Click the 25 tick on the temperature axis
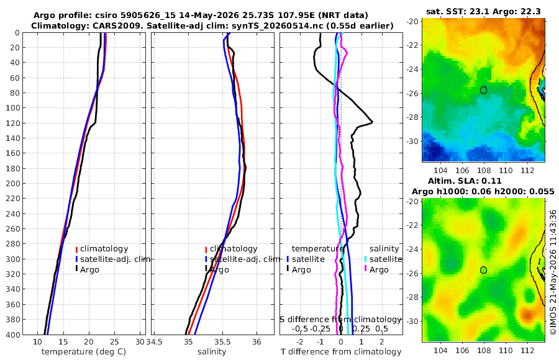pyautogui.click(x=114, y=342)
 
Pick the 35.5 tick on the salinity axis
pyautogui.click(x=222, y=342)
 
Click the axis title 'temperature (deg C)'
pyautogui.click(x=84, y=352)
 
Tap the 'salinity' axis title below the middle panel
pyautogui.click(x=212, y=352)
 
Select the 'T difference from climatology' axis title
pyautogui.click(x=341, y=352)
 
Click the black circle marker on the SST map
pyautogui.click(x=483, y=90)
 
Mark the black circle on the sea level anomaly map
pyautogui.click(x=483, y=270)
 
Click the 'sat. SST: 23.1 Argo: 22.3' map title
pyautogui.click(x=483, y=12)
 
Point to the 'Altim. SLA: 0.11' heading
pyautogui.click(x=465, y=181)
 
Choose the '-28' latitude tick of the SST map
pyautogui.click(x=412, y=117)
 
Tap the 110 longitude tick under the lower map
pyautogui.click(x=506, y=350)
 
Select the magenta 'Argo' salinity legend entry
pyautogui.click(x=376, y=269)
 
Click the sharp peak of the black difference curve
pyautogui.click(x=373, y=122)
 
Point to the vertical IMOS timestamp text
pyautogui.click(x=553, y=272)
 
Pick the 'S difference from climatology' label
pyautogui.click(x=341, y=320)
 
